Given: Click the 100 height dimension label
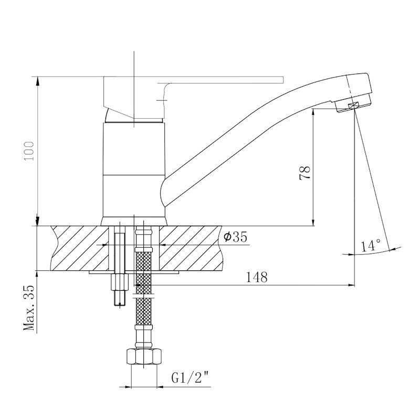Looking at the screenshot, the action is pyautogui.click(x=29, y=151).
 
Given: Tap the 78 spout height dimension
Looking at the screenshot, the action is pyautogui.click(x=305, y=173).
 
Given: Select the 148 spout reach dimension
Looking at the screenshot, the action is pyautogui.click(x=257, y=277).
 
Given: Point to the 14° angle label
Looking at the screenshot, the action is pyautogui.click(x=371, y=245).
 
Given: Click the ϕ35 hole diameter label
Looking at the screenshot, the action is pyautogui.click(x=235, y=237).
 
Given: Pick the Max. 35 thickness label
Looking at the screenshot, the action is pyautogui.click(x=29, y=307).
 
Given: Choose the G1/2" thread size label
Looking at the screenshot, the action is pyautogui.click(x=190, y=378).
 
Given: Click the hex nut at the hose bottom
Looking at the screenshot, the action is pyautogui.click(x=144, y=356).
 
